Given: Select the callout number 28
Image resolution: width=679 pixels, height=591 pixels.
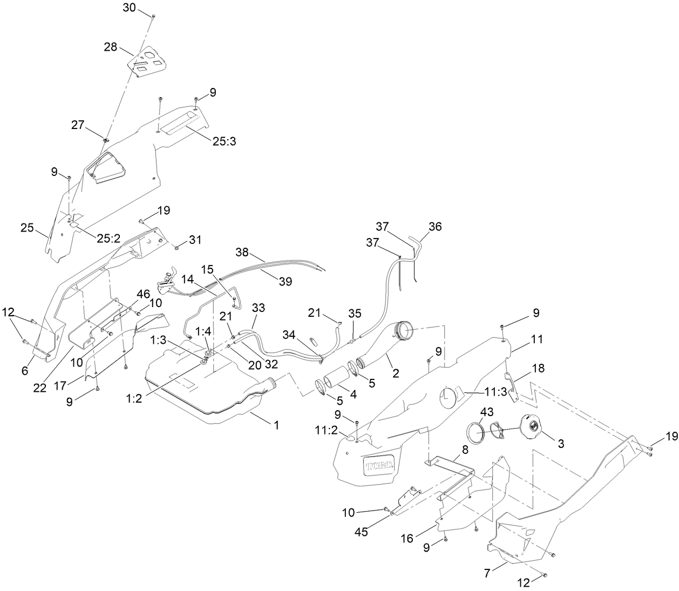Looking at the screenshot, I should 111,47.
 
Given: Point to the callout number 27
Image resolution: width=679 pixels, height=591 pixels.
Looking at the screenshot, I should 78,125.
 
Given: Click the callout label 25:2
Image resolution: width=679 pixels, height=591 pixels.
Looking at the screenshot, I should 108,239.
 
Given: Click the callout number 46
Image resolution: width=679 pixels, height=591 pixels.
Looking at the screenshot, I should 128,294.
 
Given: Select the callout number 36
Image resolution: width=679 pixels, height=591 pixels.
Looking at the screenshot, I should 435,227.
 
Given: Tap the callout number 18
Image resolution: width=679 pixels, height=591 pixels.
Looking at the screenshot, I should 538,369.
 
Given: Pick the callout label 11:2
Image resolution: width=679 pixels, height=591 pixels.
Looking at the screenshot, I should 327,430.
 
